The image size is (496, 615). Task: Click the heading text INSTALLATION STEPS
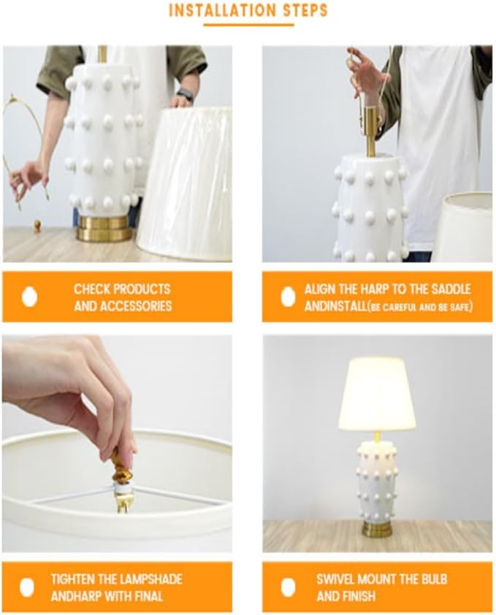pos(248,10)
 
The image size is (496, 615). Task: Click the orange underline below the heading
pos(248,25)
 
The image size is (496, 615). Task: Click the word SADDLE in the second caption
pos(450,289)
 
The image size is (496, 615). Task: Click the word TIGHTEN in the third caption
pos(73,579)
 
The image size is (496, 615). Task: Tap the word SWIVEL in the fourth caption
pos(337,579)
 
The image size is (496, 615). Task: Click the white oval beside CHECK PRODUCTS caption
pos(29,297)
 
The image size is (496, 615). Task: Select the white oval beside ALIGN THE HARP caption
pos(288,297)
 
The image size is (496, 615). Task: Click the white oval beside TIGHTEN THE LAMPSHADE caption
pos(27,587)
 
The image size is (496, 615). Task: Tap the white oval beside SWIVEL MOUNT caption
pos(288,587)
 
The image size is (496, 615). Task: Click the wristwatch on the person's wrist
pos(186,96)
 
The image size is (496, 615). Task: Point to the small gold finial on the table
pos(37,226)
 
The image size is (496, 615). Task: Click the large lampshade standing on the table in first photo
pos(186,183)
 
